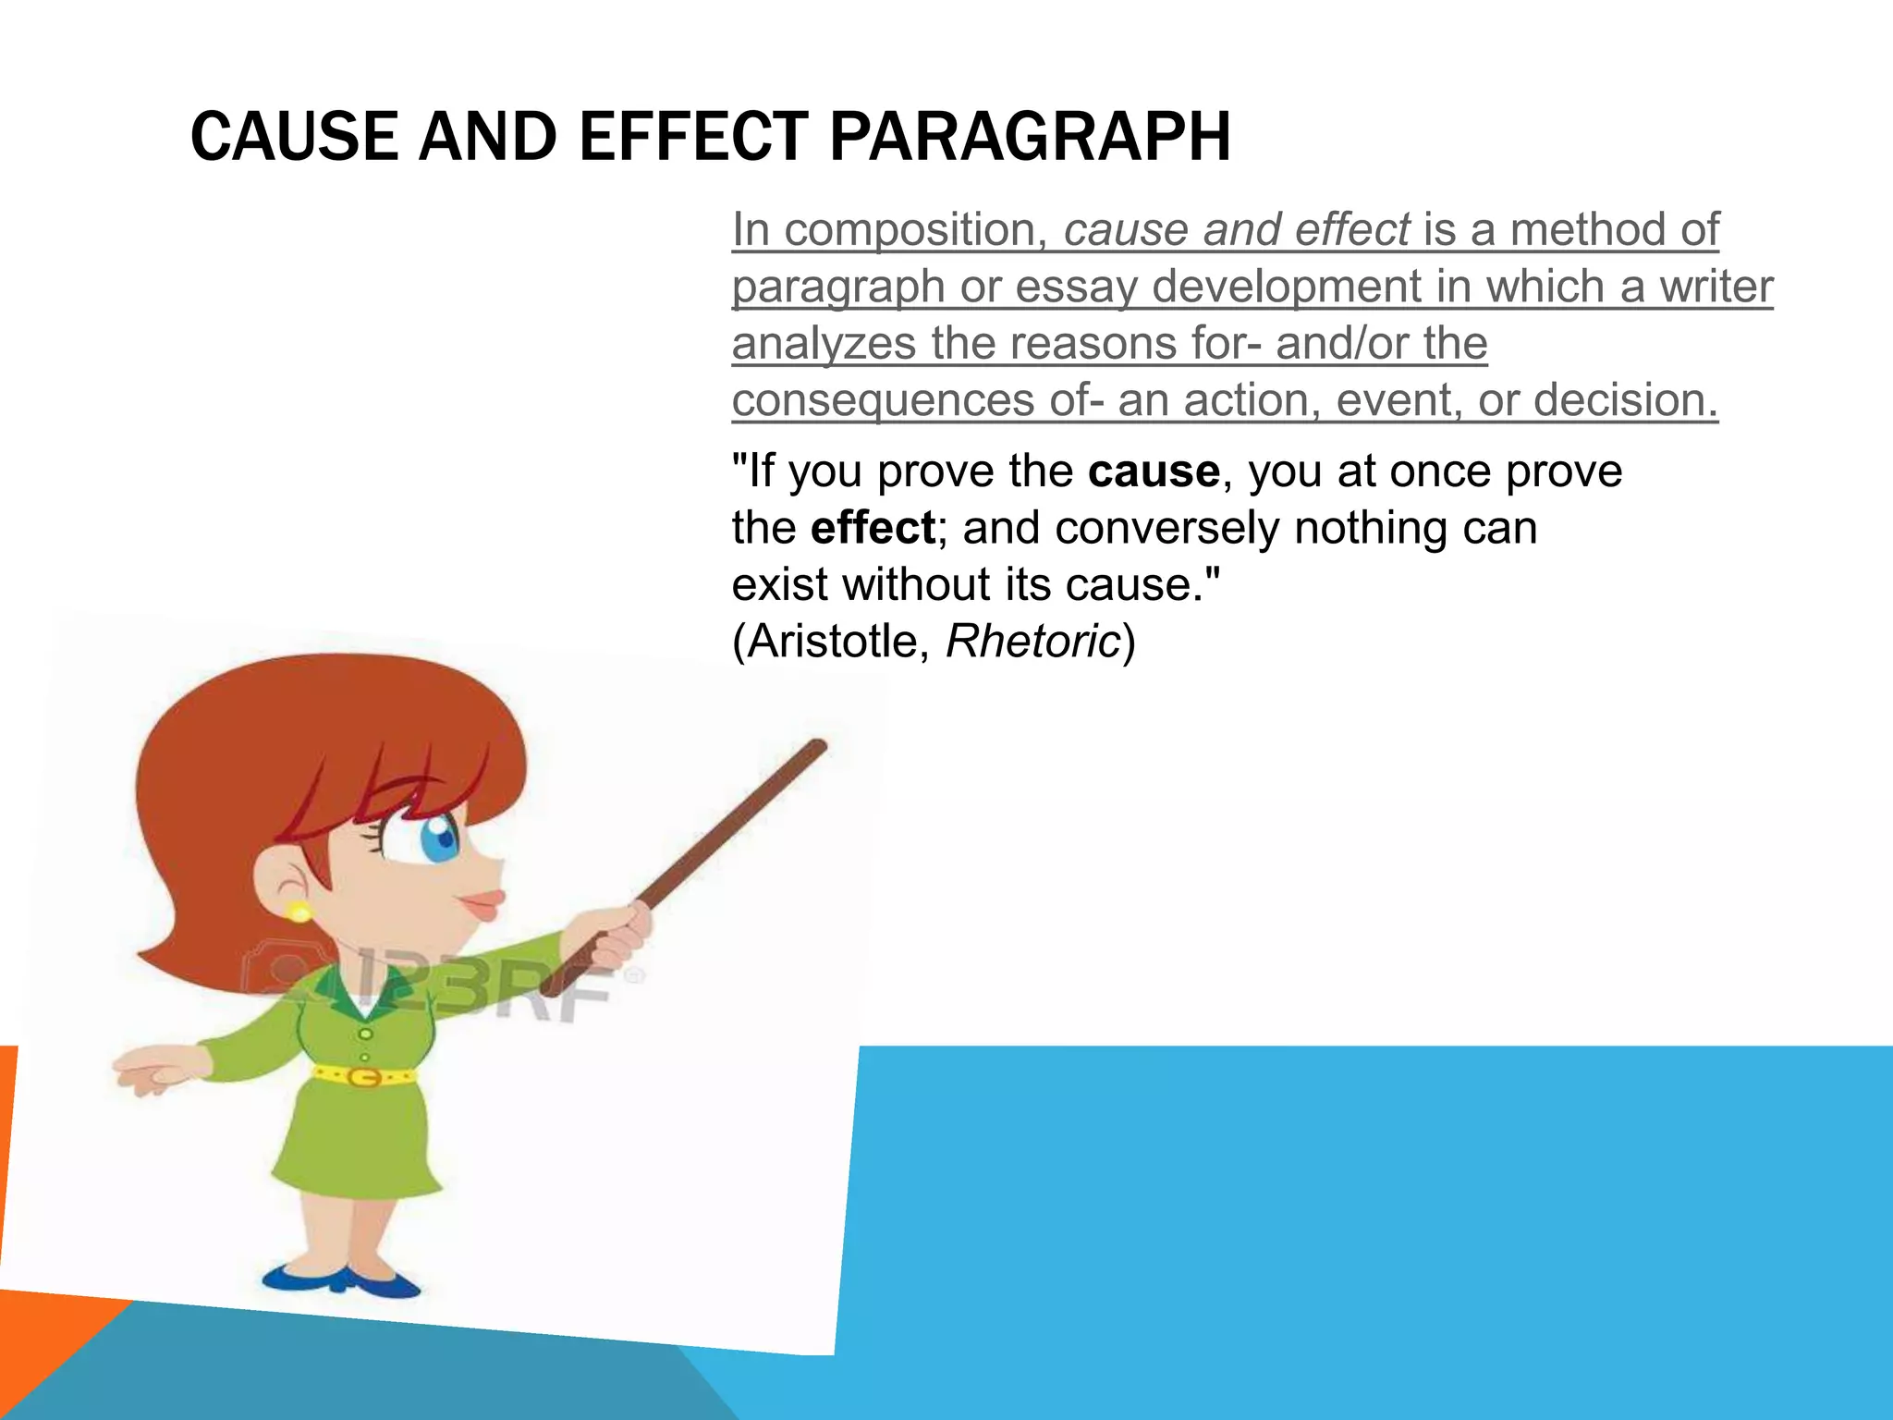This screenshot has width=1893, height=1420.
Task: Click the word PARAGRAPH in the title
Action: pos(1030,137)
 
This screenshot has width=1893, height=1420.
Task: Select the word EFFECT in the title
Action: pos(694,137)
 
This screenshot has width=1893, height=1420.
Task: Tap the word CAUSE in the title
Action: pos(294,137)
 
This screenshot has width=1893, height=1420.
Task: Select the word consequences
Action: pos(883,401)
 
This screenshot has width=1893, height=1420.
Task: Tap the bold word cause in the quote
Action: pos(1154,471)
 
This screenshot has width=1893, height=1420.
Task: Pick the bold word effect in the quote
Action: pos(873,529)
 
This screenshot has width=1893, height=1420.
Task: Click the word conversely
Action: pos(1166,529)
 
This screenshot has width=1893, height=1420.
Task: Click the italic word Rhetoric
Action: pos(1032,642)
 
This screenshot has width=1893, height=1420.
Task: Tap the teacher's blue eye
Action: pos(439,838)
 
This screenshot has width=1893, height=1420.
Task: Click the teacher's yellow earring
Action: pos(299,912)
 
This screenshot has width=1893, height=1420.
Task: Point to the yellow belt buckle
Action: pos(366,1077)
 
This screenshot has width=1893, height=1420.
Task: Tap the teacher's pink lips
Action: pos(486,902)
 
